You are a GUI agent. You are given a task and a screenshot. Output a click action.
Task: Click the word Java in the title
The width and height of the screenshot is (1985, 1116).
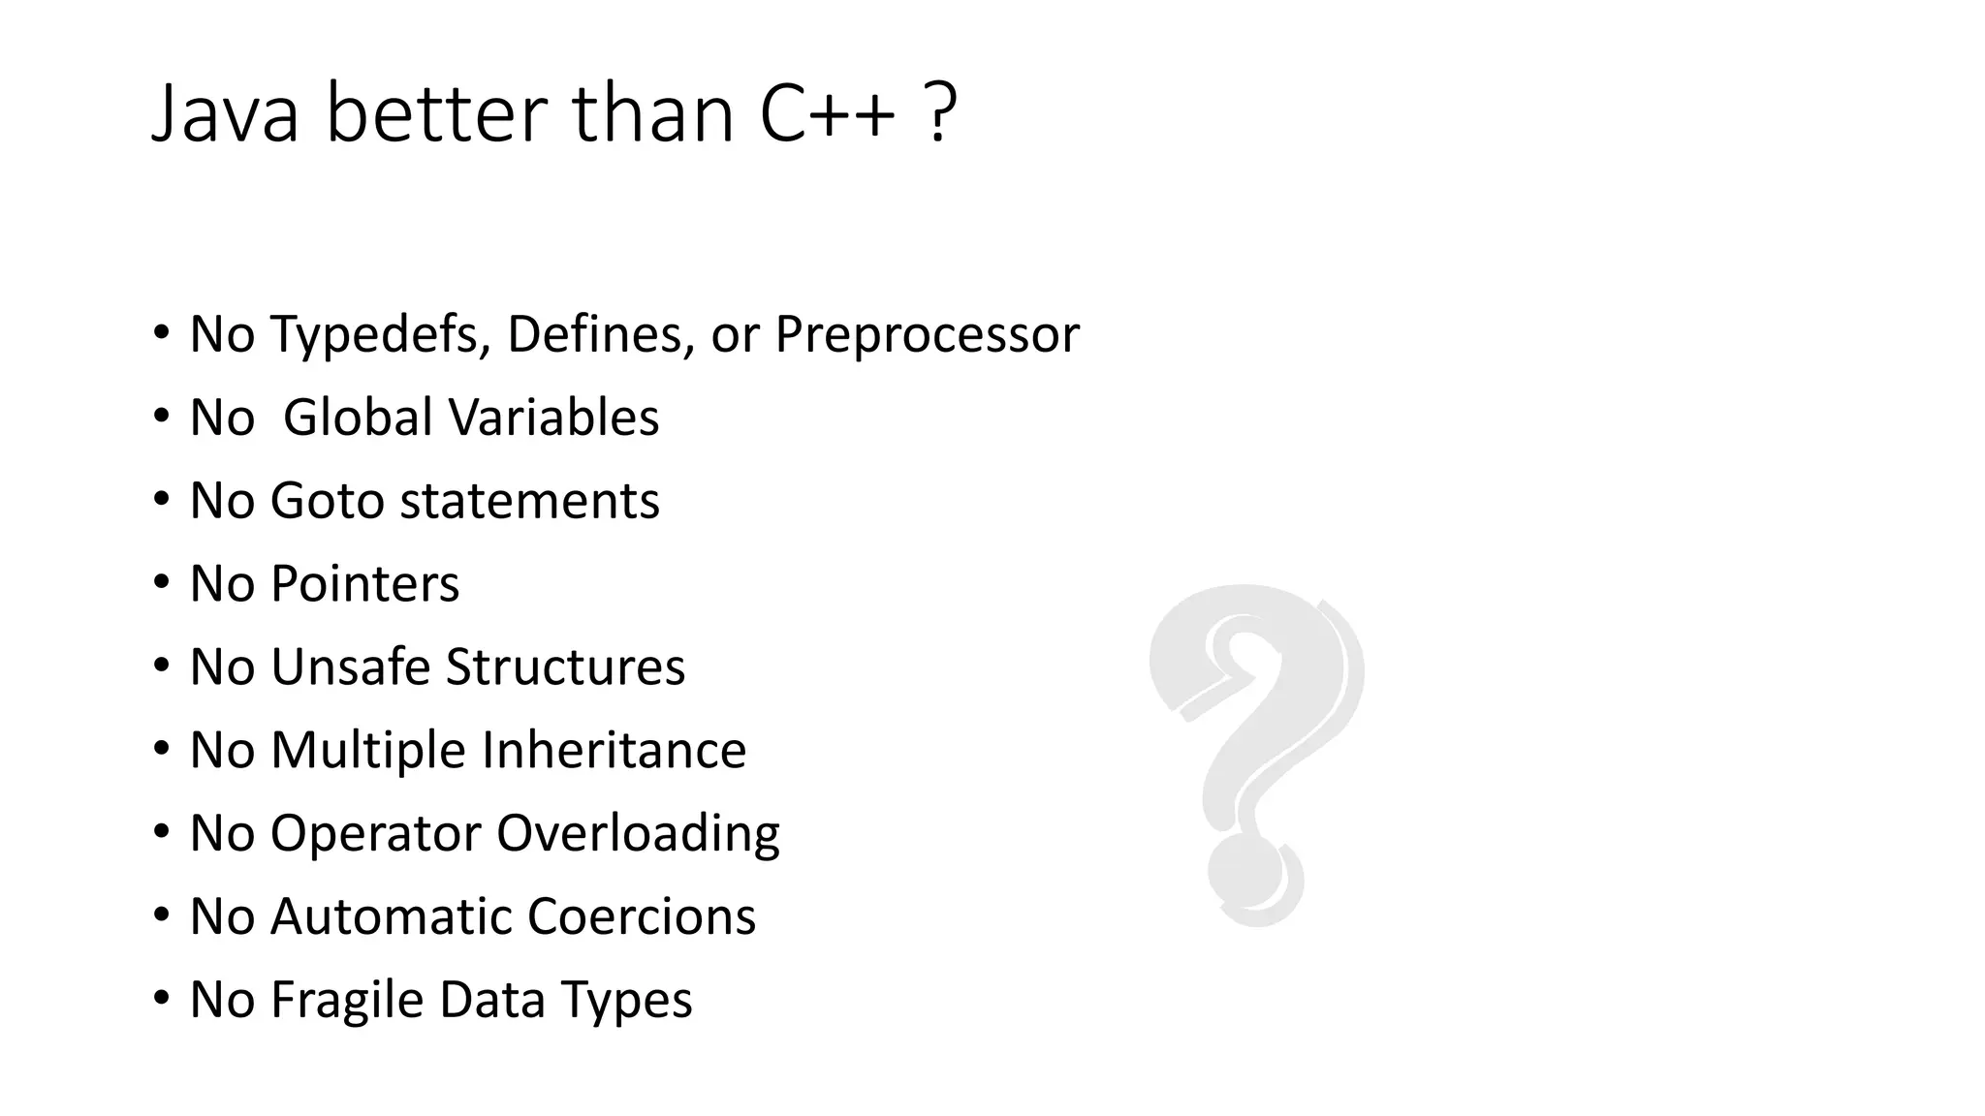[x=225, y=114]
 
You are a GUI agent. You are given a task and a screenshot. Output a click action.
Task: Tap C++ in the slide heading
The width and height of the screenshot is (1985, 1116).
[x=827, y=114]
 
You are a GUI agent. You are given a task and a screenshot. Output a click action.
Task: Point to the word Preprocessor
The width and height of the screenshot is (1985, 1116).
[x=927, y=334]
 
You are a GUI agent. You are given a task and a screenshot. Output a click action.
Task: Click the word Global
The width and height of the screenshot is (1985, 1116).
[x=358, y=418]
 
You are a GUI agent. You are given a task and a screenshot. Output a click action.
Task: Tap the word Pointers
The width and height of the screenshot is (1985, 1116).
[x=364, y=584]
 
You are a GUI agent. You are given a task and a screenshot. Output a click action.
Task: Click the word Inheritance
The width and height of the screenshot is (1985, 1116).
[x=614, y=751]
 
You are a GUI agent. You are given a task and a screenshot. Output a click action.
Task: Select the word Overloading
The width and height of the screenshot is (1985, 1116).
[x=638, y=834]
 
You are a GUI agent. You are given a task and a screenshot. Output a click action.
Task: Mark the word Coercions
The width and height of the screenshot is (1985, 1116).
[x=642, y=916]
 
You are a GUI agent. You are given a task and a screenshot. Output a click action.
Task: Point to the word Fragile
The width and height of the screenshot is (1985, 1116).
[x=346, y=1000]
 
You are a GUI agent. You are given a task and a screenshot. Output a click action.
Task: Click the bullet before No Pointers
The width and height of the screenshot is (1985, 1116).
[x=161, y=583]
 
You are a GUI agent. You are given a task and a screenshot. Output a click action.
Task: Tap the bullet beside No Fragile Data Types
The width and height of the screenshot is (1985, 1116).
[x=161, y=999]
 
